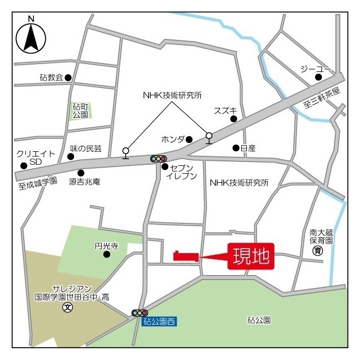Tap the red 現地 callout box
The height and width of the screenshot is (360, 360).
251,258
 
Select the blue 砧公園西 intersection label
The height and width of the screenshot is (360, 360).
159,322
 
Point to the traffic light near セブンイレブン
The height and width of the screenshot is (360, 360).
159,159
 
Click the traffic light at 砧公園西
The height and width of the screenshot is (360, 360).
139,313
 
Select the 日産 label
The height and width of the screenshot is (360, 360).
248,148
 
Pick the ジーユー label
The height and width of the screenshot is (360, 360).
311,68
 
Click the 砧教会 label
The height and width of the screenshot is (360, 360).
51,78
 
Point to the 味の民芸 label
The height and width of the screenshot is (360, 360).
85,148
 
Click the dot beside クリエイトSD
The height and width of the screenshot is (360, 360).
24,166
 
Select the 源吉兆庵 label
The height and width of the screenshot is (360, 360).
84,182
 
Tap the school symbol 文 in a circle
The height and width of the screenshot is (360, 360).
67,308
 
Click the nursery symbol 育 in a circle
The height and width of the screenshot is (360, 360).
318,251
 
